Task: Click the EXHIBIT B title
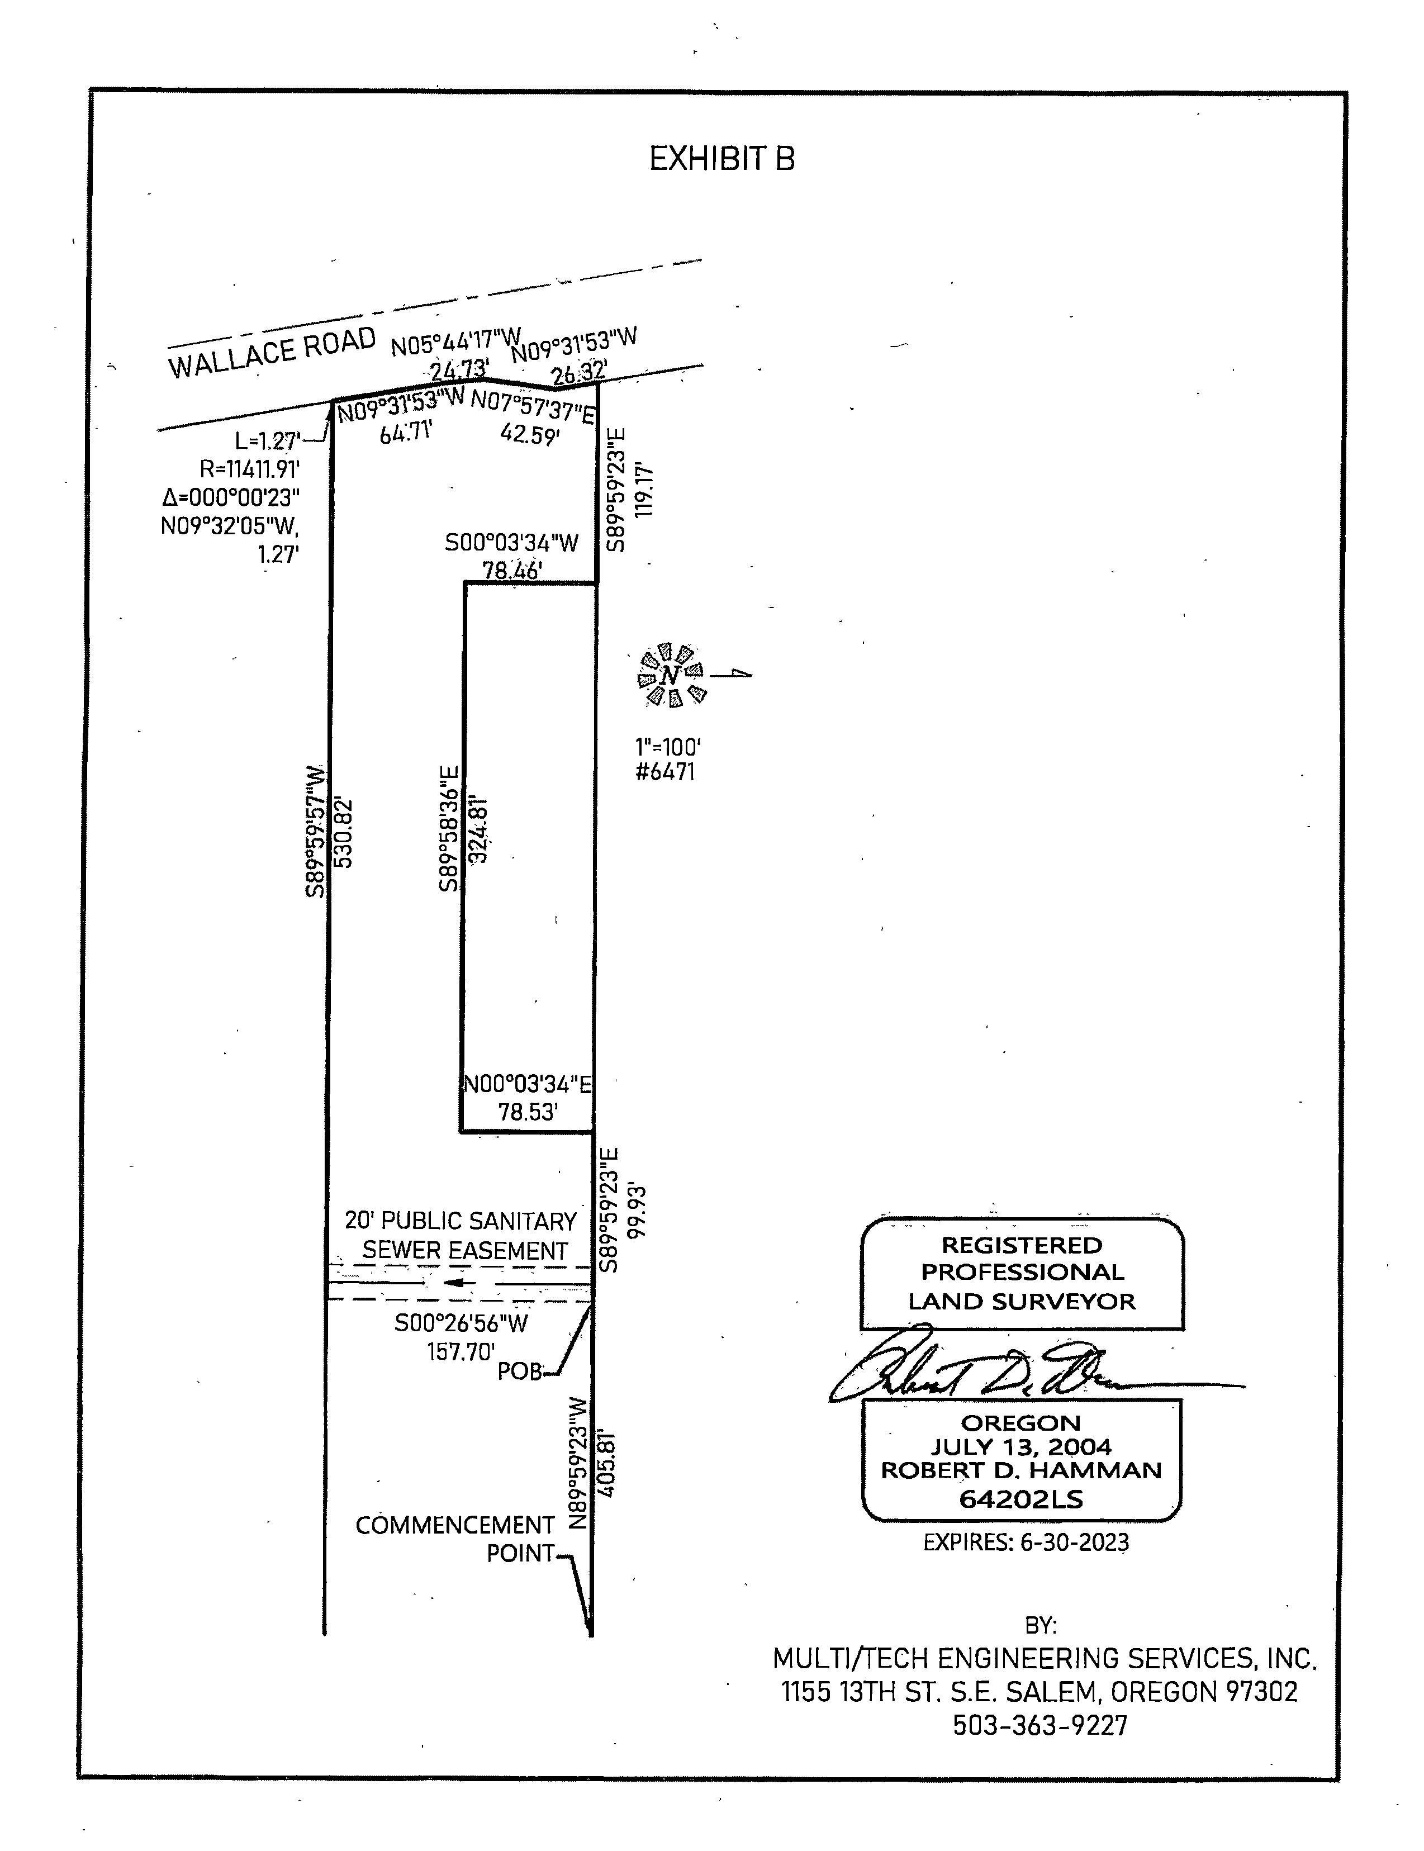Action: coord(722,159)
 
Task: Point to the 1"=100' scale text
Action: coord(668,748)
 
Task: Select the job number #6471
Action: coord(666,772)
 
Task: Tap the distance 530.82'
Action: coord(343,832)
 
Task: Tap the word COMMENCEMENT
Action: coord(454,1526)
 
